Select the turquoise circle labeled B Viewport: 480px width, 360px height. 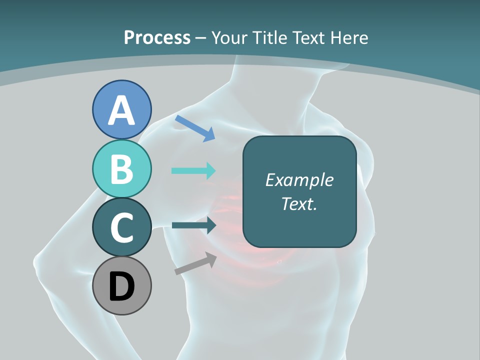click(121, 168)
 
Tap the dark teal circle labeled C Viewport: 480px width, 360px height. click(121, 227)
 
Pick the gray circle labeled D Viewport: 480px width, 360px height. click(121, 285)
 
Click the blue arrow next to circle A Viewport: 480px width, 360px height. click(195, 128)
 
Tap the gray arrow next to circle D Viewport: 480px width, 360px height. click(195, 263)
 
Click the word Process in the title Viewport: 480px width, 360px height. click(157, 37)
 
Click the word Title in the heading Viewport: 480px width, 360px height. click(270, 37)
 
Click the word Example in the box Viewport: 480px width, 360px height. click(299, 180)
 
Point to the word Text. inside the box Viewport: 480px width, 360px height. click(299, 203)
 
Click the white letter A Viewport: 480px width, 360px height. click(121, 110)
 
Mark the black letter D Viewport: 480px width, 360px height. click(121, 287)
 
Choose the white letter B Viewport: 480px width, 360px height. click(121, 169)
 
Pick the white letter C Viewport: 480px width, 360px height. click(121, 227)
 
